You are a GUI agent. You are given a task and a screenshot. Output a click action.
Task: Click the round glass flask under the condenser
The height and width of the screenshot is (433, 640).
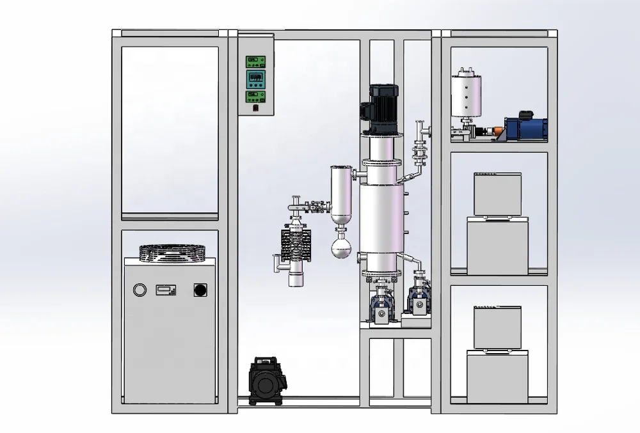pyautogui.click(x=340, y=247)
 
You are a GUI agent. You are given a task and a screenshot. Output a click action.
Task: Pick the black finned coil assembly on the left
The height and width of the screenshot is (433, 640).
pyautogui.click(x=295, y=244)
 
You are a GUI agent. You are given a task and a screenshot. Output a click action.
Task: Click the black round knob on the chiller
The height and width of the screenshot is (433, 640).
pyautogui.click(x=200, y=290)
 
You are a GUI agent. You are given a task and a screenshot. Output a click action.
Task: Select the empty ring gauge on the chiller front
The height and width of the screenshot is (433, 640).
pyautogui.click(x=140, y=290)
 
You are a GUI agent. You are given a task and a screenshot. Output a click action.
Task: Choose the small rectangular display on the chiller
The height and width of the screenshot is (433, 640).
pyautogui.click(x=165, y=290)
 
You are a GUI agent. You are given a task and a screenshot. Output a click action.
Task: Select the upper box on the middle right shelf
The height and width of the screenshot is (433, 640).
pyautogui.click(x=497, y=194)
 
